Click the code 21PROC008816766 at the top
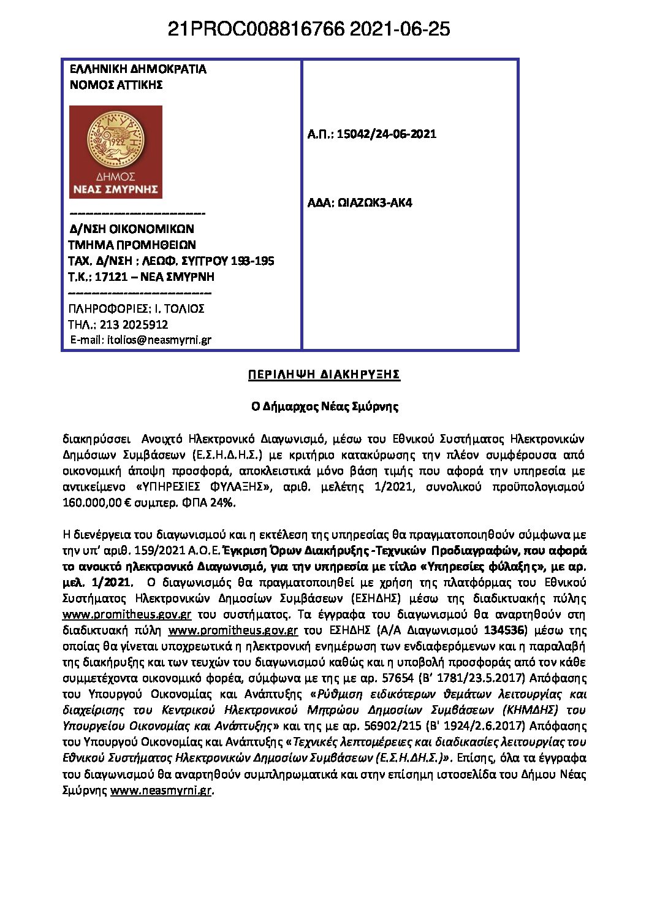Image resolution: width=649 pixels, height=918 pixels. pyautogui.click(x=256, y=29)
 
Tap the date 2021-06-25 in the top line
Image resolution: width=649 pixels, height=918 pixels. pyautogui.click(x=400, y=29)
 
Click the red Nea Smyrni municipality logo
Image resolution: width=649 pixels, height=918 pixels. pyautogui.click(x=116, y=152)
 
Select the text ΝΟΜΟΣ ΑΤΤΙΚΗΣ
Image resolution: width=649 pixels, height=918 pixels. pyautogui.click(x=116, y=85)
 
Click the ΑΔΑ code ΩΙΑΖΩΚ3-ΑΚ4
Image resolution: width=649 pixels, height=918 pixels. pyautogui.click(x=374, y=203)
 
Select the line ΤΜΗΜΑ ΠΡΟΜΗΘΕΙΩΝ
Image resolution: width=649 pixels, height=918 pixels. pyautogui.click(x=132, y=245)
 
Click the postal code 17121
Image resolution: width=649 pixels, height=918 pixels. pyautogui.click(x=111, y=277)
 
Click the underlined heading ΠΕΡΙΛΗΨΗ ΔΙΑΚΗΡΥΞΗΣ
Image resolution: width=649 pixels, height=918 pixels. pyautogui.click(x=324, y=375)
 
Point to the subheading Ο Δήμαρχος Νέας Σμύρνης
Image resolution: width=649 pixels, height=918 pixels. pyautogui.click(x=324, y=407)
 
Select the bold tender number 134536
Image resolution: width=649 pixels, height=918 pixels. pyautogui.click(x=504, y=630)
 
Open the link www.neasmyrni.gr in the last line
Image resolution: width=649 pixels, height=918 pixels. pyautogui.click(x=161, y=790)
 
